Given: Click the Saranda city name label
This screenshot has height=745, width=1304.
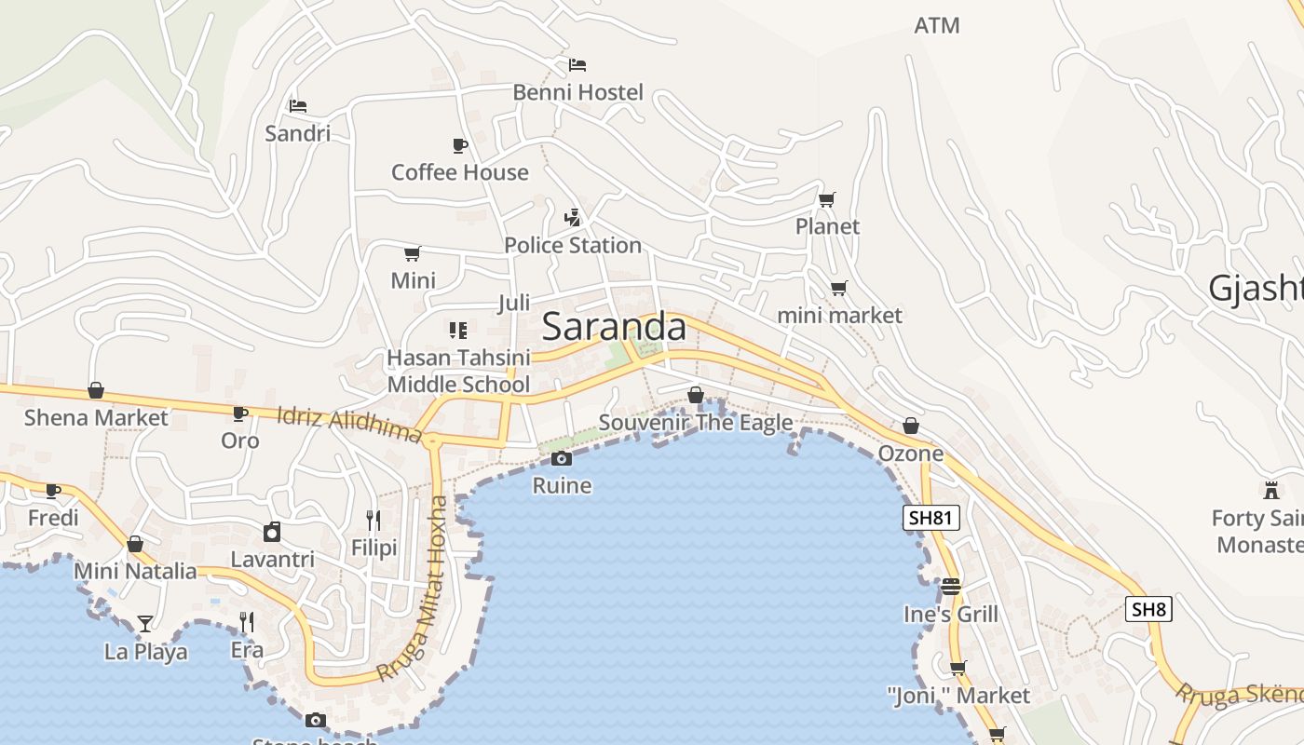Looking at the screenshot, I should pyautogui.click(x=614, y=327).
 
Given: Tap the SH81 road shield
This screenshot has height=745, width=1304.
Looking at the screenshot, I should pyautogui.click(x=930, y=518).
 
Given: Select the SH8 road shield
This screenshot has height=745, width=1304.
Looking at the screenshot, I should pyautogui.click(x=1148, y=610).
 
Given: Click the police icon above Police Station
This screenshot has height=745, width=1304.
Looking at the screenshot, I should pyautogui.click(x=573, y=218).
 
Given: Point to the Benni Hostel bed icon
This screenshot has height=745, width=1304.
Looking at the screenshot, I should pyautogui.click(x=577, y=65).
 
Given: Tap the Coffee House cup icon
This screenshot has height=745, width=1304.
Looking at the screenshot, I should pyautogui.click(x=459, y=145).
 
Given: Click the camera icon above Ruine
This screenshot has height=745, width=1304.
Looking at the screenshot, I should pyautogui.click(x=561, y=458).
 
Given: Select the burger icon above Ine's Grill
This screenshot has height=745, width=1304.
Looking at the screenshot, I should pyautogui.click(x=950, y=587).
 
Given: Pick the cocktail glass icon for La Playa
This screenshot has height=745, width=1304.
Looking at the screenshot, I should pyautogui.click(x=145, y=623).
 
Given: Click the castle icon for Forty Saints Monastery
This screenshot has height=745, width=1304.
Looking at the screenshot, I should pyautogui.click(x=1270, y=490).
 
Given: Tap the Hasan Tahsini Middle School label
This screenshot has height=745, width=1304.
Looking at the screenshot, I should pyautogui.click(x=458, y=371).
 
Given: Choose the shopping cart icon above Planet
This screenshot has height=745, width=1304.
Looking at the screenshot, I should pyautogui.click(x=826, y=199).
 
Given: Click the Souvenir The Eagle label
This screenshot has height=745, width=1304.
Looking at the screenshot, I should pyautogui.click(x=696, y=423).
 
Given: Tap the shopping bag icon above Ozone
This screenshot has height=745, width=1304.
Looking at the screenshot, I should pyautogui.click(x=910, y=427).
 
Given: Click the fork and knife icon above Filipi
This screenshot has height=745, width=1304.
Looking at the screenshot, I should pyautogui.click(x=374, y=521).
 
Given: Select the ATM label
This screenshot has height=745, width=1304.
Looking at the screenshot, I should pyautogui.click(x=936, y=26).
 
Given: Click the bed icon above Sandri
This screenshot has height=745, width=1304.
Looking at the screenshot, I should pyautogui.click(x=298, y=106).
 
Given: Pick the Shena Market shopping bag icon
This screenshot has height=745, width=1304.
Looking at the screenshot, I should pyautogui.click(x=96, y=390).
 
